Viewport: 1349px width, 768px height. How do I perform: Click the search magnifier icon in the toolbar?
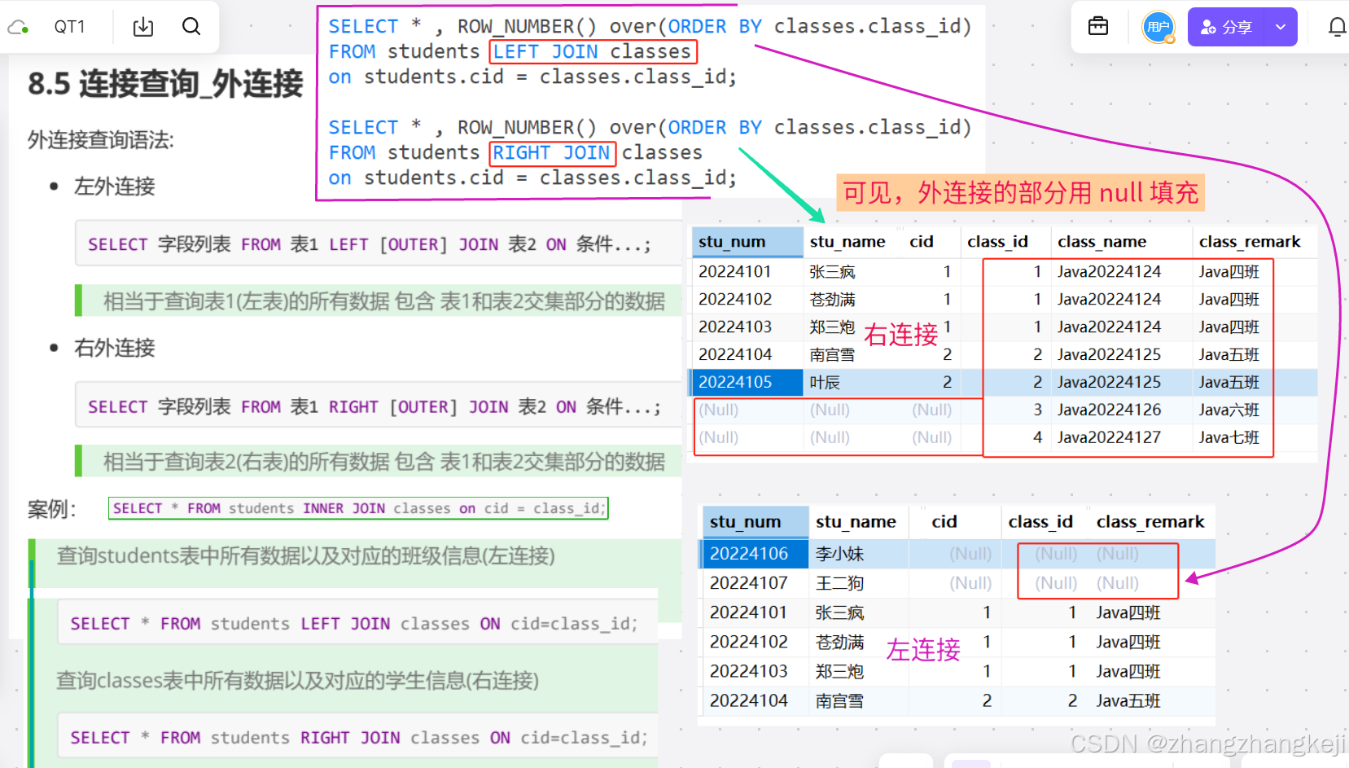(x=191, y=27)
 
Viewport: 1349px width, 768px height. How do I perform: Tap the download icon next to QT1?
(x=143, y=27)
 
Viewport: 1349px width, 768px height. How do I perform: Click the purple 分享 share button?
(x=1226, y=27)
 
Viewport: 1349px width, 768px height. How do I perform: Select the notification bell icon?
(x=1337, y=27)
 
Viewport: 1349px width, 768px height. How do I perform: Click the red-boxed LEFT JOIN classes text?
(x=593, y=52)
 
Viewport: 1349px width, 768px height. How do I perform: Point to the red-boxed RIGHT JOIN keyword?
(x=552, y=153)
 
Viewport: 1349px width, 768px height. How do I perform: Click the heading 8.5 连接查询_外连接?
(x=165, y=84)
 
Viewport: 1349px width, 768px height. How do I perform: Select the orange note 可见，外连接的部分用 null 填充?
(x=1020, y=193)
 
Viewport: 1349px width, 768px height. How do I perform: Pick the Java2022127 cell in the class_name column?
(x=1109, y=437)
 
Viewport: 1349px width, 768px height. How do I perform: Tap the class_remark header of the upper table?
(x=1250, y=242)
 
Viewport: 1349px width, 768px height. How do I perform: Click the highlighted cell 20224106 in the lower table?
(x=749, y=554)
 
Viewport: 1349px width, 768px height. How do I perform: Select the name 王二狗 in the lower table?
(x=839, y=583)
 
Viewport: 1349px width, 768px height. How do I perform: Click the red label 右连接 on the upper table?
(x=900, y=335)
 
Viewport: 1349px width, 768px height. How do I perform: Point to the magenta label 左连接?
(x=923, y=650)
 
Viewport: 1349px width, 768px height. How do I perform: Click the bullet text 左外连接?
(x=114, y=187)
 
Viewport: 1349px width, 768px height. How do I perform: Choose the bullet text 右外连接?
(x=114, y=348)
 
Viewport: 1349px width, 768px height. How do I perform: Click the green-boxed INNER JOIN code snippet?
(x=358, y=508)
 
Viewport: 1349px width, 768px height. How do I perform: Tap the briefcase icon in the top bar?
(x=1098, y=27)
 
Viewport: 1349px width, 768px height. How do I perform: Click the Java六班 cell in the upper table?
(x=1229, y=410)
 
